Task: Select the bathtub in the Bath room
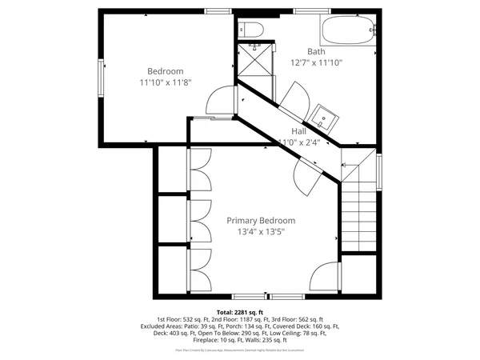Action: click(346, 32)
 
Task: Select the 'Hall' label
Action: click(298, 131)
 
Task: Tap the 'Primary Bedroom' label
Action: click(261, 221)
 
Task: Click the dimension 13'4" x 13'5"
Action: click(261, 232)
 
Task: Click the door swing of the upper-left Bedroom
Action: click(218, 100)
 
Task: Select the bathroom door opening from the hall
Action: click(290, 98)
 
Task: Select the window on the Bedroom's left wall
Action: click(101, 80)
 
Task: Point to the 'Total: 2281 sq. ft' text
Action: click(239, 311)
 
